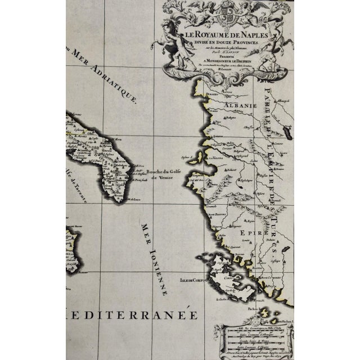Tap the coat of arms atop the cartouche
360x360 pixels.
tap(228, 12)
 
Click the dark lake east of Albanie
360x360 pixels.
tap(288, 133)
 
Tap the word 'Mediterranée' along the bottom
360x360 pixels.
tap(132, 315)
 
